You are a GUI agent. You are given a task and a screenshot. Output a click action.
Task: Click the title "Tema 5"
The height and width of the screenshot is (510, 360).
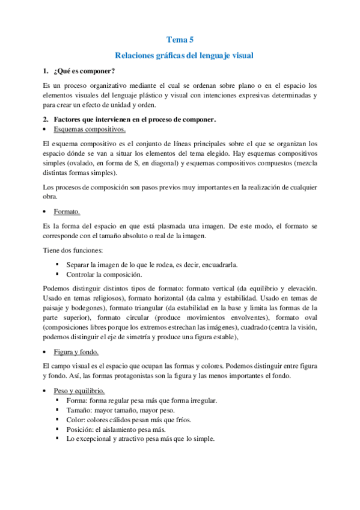pos(180,40)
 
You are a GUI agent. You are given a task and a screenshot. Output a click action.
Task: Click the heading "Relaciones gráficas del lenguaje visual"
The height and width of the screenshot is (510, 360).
pos(180,55)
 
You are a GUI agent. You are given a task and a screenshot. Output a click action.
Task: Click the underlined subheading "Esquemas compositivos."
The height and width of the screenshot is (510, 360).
pos(90,129)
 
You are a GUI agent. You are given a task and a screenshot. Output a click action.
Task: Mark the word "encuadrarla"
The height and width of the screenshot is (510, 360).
pos(203,265)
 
